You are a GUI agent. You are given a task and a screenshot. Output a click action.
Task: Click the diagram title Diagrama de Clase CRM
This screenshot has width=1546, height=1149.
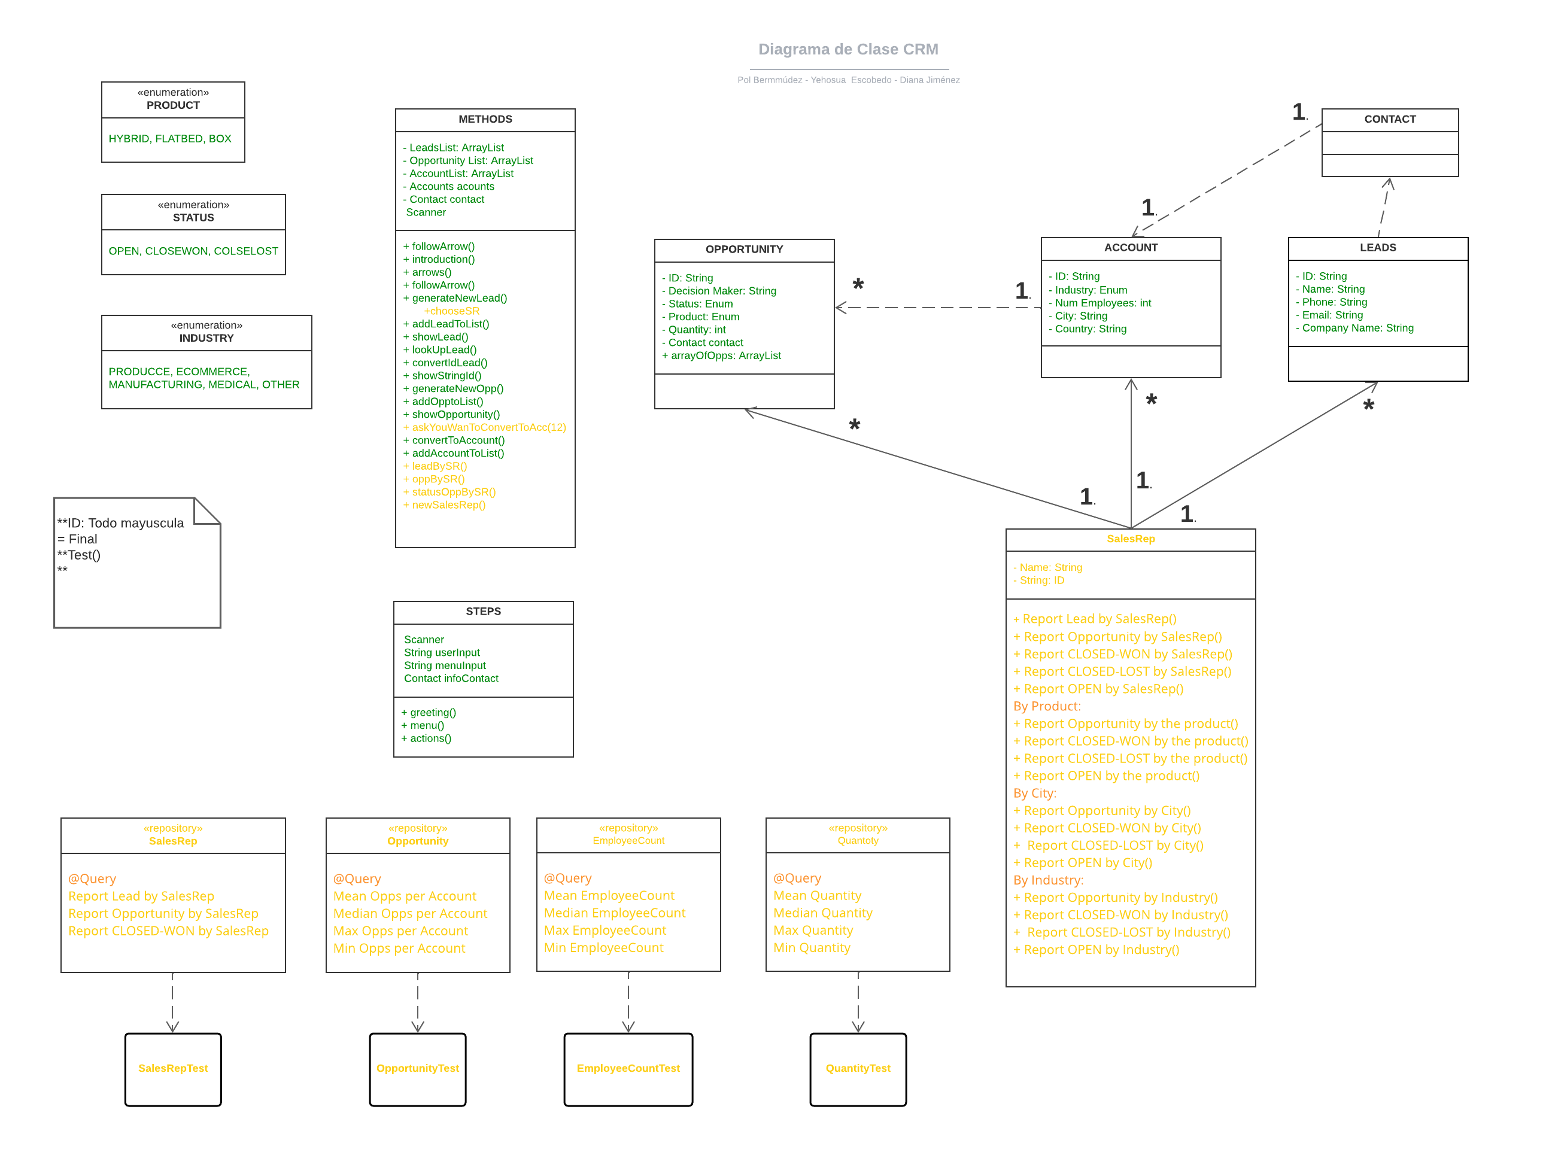click(x=848, y=50)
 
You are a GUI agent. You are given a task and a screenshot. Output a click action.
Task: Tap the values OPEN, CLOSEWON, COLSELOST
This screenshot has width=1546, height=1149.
click(x=193, y=251)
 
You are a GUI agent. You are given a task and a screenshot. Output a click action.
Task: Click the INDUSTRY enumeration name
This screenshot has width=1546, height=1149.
click(x=206, y=338)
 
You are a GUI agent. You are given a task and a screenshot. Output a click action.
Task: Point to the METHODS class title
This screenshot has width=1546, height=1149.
click(x=485, y=119)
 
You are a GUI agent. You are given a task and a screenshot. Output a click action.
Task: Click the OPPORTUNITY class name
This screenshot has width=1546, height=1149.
click(x=743, y=249)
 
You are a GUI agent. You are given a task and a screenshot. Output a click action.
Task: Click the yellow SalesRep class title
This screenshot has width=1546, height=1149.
click(x=1130, y=539)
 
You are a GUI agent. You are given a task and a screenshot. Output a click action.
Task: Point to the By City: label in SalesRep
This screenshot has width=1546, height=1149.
click(x=1034, y=793)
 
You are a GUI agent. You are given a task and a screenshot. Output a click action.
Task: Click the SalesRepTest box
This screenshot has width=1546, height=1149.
click(x=172, y=1068)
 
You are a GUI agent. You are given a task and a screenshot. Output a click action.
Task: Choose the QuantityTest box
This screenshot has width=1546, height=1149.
click(x=858, y=1068)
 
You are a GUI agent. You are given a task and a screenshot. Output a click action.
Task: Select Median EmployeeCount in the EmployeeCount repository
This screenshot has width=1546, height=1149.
click(x=614, y=913)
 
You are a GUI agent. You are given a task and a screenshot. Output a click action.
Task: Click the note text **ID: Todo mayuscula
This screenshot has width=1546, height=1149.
click(x=120, y=523)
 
